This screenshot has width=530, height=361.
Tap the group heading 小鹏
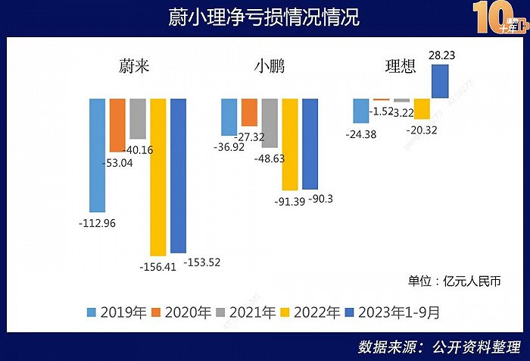click(x=270, y=66)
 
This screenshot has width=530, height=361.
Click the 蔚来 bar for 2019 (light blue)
click(x=97, y=155)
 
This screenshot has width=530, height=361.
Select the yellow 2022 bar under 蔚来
click(x=157, y=177)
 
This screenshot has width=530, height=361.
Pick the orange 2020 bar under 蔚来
click(x=117, y=125)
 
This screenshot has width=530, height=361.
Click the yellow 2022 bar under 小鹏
click(x=290, y=144)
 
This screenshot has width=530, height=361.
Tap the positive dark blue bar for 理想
click(x=440, y=81)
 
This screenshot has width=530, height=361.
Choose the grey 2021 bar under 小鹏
click(x=270, y=123)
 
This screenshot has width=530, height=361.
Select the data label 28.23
click(x=441, y=55)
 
